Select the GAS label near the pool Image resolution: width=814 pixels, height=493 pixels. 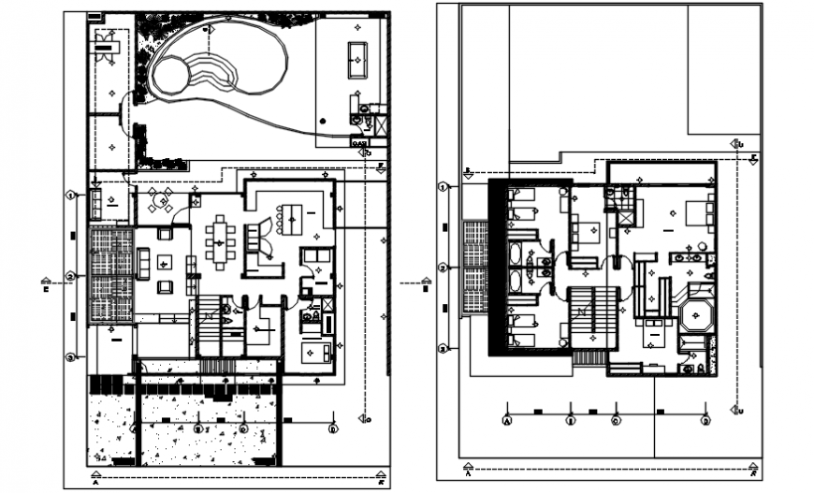pos(359,142)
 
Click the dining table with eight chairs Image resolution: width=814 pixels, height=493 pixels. pos(222,241)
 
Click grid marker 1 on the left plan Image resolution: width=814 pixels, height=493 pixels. pos(71,196)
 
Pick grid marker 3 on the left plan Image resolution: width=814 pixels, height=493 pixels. pos(71,357)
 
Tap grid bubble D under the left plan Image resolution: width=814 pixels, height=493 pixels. pos(332,428)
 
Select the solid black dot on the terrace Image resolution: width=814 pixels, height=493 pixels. pos(323,121)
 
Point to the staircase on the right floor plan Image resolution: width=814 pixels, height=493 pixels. pos(592,318)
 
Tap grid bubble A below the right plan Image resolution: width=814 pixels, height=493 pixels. pos(507,421)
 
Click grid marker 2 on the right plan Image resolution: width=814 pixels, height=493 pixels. pos(443,268)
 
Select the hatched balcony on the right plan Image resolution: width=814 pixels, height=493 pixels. pos(476,268)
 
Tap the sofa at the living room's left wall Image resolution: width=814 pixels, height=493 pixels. pos(144,263)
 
